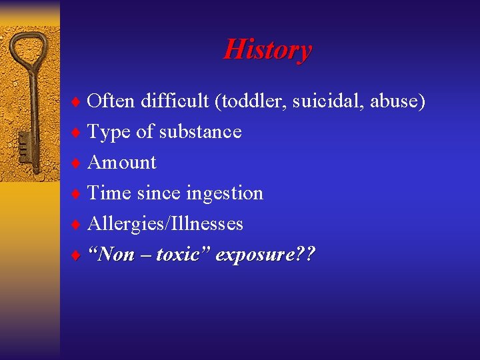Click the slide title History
(x=267, y=49)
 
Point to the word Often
(x=111, y=101)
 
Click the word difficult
(x=175, y=101)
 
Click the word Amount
(x=122, y=162)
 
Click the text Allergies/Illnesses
(x=165, y=223)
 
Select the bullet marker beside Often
(x=79, y=102)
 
